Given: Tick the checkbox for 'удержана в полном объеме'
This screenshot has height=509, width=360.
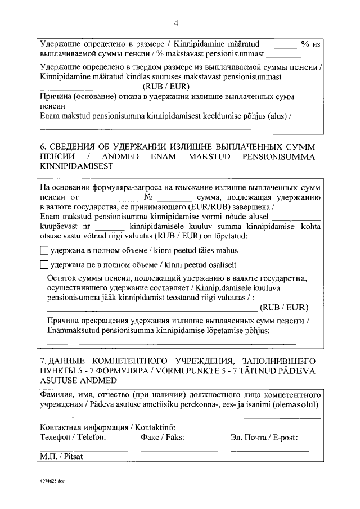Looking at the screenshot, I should [x=45, y=250].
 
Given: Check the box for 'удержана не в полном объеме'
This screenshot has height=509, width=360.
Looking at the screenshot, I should [x=45, y=264].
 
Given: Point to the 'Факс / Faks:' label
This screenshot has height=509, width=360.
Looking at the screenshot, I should [x=163, y=437].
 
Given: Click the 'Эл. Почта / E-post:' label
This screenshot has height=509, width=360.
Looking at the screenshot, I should [x=264, y=437].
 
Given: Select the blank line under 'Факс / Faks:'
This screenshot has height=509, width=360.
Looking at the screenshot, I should [x=179, y=450].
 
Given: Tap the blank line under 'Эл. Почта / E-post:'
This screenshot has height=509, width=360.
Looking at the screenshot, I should [x=270, y=450].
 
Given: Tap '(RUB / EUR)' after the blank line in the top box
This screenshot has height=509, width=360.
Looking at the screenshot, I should [x=166, y=87].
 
